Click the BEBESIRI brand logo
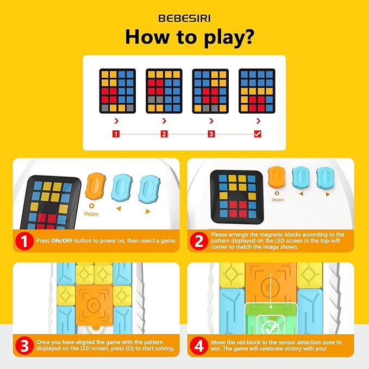click(x=185, y=18)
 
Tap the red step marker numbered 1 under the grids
click(x=116, y=134)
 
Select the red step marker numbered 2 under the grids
click(x=164, y=134)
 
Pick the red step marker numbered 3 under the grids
click(x=211, y=134)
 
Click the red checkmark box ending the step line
click(x=258, y=134)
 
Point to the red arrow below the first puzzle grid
click(x=116, y=121)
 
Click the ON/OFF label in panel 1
click(x=91, y=214)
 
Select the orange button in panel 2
click(x=277, y=177)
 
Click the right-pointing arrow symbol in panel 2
click(x=328, y=195)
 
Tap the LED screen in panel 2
click(x=237, y=196)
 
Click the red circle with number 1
click(x=24, y=241)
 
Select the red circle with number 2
click(x=199, y=241)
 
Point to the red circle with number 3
click(x=24, y=346)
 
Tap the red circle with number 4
click(x=199, y=346)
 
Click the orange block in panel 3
click(x=95, y=305)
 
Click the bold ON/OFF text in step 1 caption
click(x=62, y=241)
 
